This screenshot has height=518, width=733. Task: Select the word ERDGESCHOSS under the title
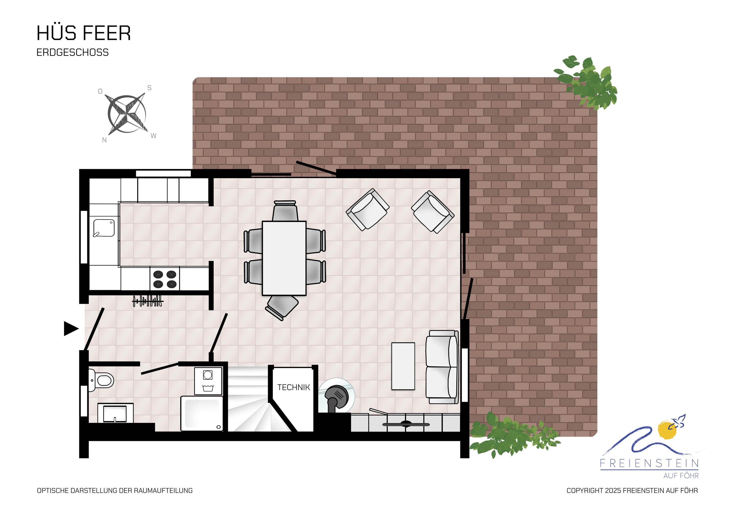click(73, 52)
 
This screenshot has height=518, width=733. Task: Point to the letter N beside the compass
click(104, 140)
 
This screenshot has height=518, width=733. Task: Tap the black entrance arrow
click(71, 328)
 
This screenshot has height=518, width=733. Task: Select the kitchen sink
click(104, 228)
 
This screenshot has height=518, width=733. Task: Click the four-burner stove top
click(165, 279)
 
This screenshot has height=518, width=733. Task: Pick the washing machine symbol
click(208, 381)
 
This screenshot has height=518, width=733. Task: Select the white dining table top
click(284, 258)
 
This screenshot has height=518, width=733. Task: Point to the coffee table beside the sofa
click(403, 366)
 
